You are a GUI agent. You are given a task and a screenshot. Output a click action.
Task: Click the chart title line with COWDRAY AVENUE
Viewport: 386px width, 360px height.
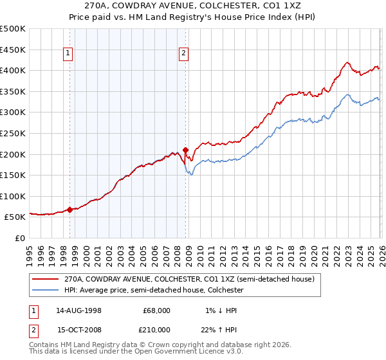click(193, 6)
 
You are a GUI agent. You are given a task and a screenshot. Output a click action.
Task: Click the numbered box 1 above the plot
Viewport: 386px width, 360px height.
click(69, 54)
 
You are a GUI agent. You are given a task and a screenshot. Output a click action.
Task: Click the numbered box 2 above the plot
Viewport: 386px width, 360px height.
click(184, 54)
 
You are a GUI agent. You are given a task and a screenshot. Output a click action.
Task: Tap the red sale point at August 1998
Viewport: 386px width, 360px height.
click(70, 209)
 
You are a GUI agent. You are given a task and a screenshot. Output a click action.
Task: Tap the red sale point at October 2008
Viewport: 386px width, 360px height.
click(186, 150)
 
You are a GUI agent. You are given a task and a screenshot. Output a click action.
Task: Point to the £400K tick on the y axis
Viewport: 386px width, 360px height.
click(14, 70)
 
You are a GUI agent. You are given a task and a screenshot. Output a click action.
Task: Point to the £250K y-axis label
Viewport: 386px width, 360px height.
click(14, 133)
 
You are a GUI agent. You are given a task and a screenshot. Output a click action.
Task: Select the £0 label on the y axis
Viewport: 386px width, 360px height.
click(20, 238)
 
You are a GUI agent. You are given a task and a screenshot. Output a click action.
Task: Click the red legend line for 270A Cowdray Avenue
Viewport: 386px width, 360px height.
click(45, 280)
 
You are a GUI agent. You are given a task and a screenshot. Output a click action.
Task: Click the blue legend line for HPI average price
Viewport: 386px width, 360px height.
click(45, 291)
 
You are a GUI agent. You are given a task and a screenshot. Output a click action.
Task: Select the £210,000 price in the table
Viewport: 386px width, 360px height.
click(155, 330)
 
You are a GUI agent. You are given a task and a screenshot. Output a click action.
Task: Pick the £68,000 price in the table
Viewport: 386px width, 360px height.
click(157, 310)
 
